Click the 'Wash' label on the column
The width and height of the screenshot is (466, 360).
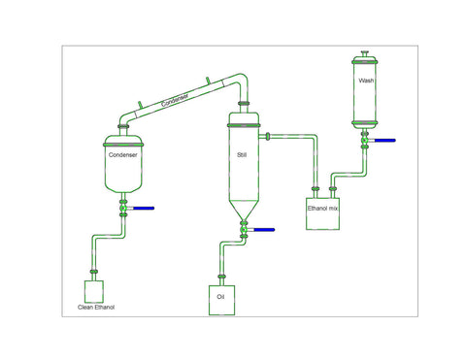pos(365,81)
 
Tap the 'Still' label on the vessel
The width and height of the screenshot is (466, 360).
pos(242,154)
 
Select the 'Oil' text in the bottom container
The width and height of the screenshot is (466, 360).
pos(221,296)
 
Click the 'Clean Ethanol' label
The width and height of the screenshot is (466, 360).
pos(96,308)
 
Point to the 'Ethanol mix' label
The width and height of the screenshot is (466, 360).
pos(323,207)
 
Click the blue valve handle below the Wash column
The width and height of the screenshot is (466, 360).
pos(385,142)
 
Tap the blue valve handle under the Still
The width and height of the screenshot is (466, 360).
pos(262,230)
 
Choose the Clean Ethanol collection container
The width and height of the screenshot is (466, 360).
pos(95,290)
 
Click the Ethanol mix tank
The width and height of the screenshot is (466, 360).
pos(323,213)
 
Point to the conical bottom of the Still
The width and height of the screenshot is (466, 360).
pos(243,209)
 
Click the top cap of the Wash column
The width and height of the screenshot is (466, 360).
pos(365,55)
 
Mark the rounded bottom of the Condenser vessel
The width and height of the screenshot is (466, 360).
pos(124,186)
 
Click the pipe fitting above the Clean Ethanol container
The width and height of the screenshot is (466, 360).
pos(94,273)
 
